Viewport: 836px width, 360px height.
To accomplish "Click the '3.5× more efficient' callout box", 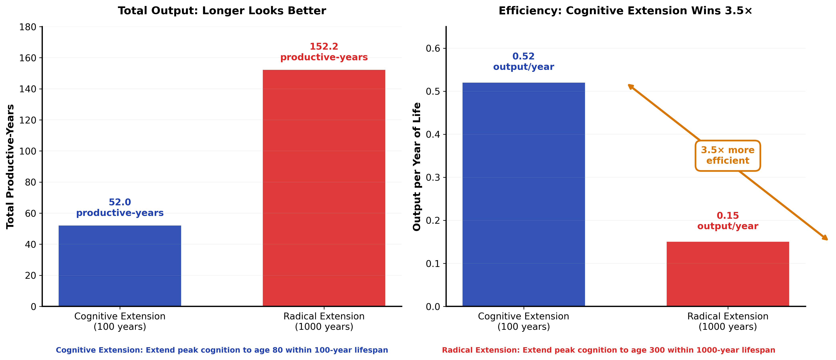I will (728, 155).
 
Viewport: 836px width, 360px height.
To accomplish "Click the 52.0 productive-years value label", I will (120, 208).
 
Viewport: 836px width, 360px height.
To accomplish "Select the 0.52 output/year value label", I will (523, 61).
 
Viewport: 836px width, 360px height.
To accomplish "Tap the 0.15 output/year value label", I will (728, 221).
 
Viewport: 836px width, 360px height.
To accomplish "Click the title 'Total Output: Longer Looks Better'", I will (222, 11).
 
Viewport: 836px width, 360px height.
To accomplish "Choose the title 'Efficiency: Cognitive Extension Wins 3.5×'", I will (625, 11).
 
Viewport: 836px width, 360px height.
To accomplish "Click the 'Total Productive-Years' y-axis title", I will (10, 166).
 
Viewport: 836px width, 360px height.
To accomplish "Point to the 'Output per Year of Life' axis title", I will (417, 166).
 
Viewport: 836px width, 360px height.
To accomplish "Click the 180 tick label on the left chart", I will (28, 27).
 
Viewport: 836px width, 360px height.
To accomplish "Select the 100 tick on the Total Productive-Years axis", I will (28, 151).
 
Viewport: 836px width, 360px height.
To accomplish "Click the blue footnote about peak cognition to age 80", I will (222, 350).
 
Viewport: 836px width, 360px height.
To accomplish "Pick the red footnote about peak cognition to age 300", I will (608, 350).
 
